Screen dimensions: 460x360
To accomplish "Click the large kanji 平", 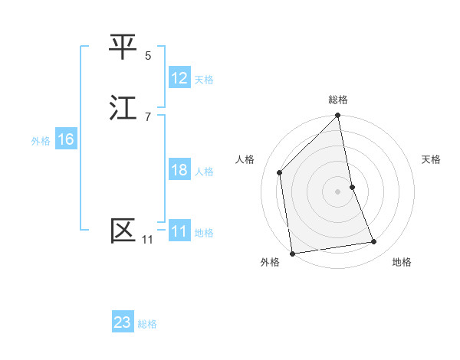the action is point(123,47).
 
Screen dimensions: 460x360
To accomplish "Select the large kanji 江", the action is point(123,108).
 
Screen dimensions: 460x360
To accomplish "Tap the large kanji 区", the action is point(123,231).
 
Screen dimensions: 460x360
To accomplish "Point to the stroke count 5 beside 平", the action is point(148,55).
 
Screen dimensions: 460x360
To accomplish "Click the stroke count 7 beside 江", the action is point(148,116).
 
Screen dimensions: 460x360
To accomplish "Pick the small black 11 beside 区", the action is point(147,240).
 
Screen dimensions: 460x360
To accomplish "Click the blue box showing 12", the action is point(179,78).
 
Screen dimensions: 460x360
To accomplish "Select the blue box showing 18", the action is point(179,170).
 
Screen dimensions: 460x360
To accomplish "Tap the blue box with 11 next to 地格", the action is point(179,231).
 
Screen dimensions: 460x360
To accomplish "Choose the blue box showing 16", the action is point(66,139).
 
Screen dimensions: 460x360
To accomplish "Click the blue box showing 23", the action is point(123,322).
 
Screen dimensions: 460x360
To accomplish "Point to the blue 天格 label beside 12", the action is point(204,79).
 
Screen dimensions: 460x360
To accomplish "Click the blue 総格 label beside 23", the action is point(147,324).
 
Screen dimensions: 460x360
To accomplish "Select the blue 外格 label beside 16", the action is point(41,141).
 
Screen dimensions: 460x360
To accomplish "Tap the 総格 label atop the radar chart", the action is point(338,100).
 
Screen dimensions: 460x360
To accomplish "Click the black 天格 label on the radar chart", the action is point(432,159).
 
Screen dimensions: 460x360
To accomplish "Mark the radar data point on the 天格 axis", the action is point(353,187).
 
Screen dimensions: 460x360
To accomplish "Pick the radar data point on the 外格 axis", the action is point(292,254).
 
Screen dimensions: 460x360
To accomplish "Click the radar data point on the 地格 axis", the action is point(374,242).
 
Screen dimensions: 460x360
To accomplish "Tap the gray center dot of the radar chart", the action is point(338,191).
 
